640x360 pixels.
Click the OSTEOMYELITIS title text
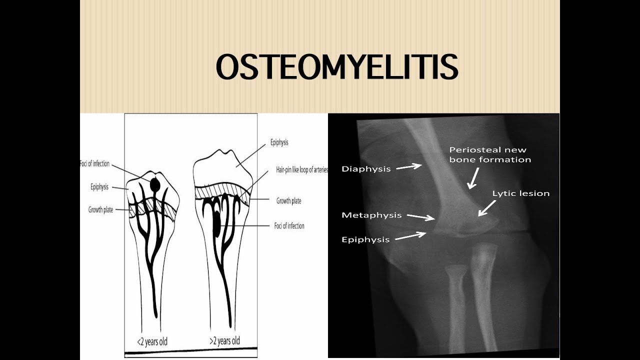point(336,67)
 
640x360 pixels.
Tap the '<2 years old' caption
point(152,342)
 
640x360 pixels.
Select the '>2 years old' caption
point(224,341)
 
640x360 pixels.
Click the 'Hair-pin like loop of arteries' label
point(301,170)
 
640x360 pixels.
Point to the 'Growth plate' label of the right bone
point(288,201)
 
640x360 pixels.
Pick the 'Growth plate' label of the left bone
point(100,210)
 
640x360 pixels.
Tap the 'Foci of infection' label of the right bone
point(289,226)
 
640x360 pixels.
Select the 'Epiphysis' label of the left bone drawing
point(99,187)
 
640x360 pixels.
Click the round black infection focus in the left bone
point(155,185)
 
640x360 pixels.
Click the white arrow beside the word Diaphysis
point(409,167)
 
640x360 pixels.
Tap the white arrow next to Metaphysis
point(420,217)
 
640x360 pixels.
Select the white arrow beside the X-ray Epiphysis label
point(410,236)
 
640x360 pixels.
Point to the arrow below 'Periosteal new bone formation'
point(472,179)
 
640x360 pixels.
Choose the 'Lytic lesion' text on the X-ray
point(520,193)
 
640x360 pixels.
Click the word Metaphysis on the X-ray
point(371,215)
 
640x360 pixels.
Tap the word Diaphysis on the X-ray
point(366,169)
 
